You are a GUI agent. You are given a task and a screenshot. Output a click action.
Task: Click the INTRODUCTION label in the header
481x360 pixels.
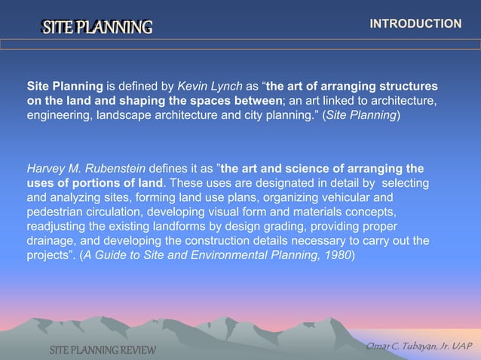[x=415, y=24]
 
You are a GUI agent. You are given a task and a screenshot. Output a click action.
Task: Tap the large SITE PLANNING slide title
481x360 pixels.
[x=97, y=28]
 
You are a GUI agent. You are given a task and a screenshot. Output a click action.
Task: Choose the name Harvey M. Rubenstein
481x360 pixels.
[x=87, y=168]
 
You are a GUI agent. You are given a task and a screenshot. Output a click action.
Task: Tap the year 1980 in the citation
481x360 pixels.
[x=334, y=255]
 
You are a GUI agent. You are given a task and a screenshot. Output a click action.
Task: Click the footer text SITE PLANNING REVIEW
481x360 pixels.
[x=103, y=350]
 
